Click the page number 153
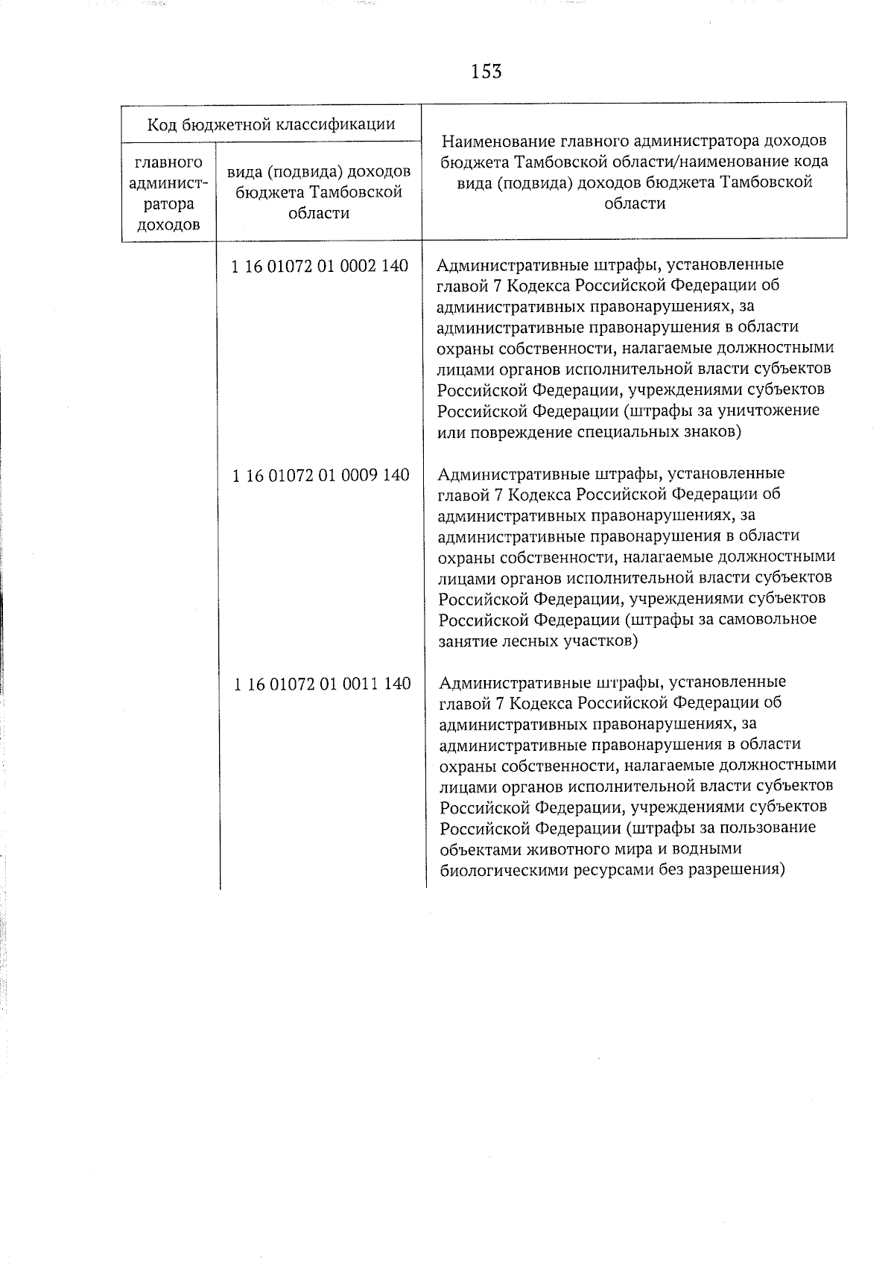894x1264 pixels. pos(486,72)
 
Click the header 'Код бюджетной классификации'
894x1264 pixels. pos(271,124)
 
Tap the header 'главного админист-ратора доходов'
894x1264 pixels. pos(168,194)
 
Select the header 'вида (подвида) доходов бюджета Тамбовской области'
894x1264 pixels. pos(319,192)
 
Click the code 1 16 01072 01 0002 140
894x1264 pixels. pos(320,266)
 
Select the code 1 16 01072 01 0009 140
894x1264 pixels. pos(320,475)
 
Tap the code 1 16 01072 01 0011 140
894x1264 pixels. pos(322,684)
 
